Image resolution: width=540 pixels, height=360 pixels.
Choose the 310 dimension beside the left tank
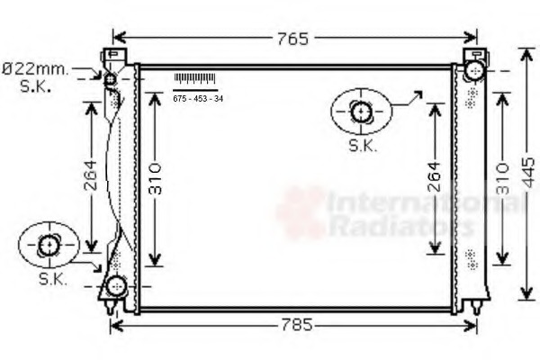click(156, 181)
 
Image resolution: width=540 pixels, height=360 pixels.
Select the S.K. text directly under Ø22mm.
click(36, 86)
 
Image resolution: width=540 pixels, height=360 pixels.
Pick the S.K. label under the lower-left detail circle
click(52, 280)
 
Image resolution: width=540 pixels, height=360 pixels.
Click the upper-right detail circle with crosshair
click(362, 112)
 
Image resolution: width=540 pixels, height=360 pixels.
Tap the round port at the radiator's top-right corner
click(475, 70)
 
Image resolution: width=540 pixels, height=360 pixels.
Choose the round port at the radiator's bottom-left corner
click(114, 288)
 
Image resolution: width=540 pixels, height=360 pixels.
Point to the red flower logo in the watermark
click(300, 212)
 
